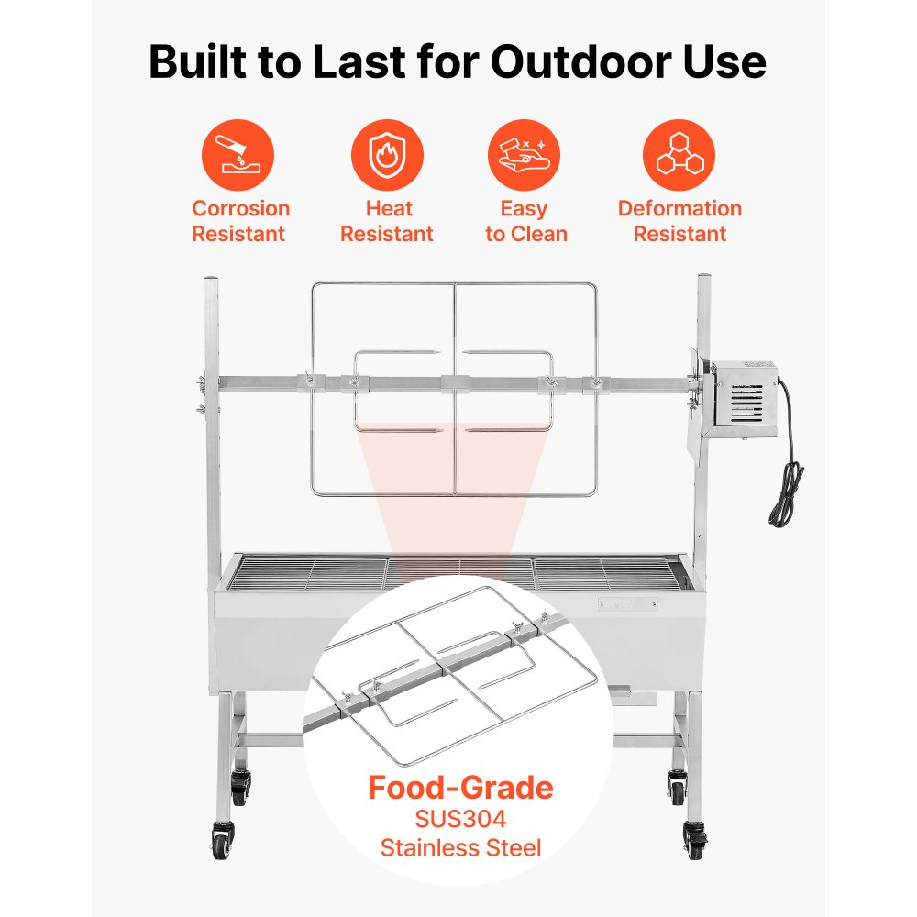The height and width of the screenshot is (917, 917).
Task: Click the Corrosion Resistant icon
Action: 238,155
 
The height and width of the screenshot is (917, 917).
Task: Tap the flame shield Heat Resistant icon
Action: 387,155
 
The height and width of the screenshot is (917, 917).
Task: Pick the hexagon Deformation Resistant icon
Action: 679,155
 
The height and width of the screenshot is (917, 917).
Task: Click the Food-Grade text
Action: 460,788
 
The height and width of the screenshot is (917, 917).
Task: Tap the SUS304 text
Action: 460,818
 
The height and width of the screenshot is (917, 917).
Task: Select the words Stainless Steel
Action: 460,847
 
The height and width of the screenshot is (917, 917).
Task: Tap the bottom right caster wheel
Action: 694,840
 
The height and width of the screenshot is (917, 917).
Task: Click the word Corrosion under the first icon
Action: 240,208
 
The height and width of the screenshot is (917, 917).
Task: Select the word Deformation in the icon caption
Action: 679,208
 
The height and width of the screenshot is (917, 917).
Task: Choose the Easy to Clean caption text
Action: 525,221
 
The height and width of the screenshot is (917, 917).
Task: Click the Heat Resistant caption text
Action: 387,221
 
